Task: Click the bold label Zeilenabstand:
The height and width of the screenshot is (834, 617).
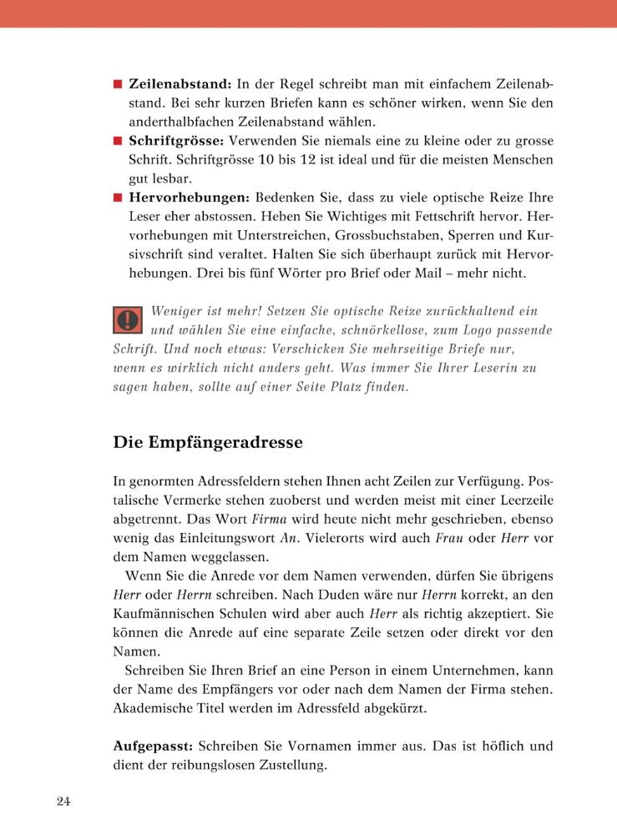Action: (180, 84)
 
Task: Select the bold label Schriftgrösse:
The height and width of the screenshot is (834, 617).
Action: (177, 141)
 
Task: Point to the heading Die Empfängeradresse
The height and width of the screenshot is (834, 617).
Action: (208, 442)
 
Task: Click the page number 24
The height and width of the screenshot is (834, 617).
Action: (64, 801)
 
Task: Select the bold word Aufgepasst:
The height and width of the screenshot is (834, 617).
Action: (154, 746)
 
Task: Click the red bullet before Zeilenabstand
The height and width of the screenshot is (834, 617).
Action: (118, 85)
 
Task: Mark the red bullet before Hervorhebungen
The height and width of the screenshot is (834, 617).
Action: (118, 198)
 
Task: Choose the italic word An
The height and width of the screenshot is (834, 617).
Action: (288, 538)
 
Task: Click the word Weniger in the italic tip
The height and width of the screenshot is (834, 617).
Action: (178, 311)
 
